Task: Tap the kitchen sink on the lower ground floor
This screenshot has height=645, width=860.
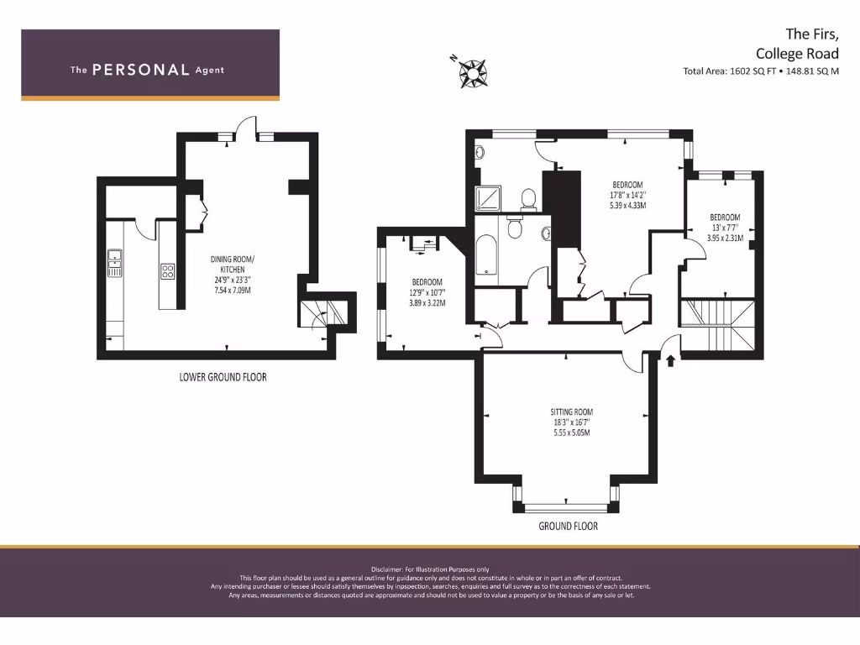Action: click(115, 262)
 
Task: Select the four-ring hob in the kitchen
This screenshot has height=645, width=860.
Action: click(167, 271)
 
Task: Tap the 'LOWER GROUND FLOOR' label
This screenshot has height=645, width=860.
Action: click(223, 377)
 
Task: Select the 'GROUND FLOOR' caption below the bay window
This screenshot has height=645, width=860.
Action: click(568, 526)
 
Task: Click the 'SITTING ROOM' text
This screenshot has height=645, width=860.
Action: click(571, 412)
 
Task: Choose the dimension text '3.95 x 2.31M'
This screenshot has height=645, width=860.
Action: click(725, 237)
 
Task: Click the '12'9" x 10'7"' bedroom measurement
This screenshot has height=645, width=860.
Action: click(427, 291)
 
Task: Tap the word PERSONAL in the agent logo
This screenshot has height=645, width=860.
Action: click(140, 70)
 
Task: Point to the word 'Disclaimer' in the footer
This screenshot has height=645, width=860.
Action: click(388, 569)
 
